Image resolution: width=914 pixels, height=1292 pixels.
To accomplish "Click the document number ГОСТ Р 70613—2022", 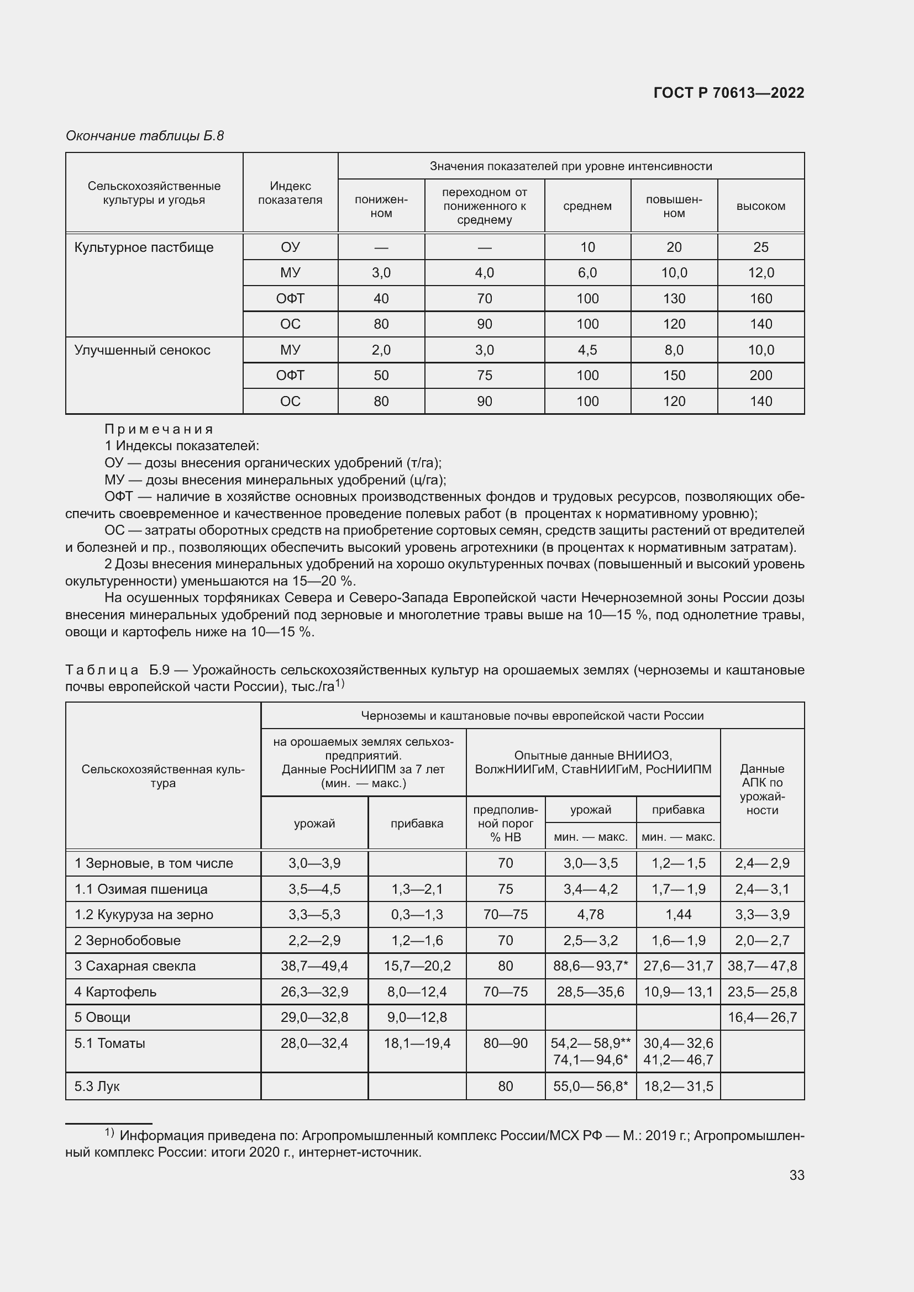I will point(729,93).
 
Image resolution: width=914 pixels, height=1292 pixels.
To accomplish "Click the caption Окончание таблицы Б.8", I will point(145,136).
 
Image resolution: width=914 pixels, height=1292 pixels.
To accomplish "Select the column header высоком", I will point(760,206).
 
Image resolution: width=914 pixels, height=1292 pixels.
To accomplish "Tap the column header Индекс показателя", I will point(290,193).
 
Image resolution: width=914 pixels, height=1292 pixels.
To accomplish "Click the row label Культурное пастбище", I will point(144,247).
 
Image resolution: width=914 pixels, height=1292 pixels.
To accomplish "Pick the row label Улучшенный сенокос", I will point(143,350).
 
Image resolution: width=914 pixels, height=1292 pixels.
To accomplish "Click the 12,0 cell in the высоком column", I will point(760,273).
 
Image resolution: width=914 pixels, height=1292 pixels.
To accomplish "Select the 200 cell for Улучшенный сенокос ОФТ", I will point(760,375).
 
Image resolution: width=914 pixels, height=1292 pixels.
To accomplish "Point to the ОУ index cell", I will point(290,247).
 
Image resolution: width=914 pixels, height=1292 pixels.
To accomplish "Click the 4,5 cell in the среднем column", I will point(587,350).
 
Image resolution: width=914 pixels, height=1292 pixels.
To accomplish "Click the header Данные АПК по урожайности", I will point(762,789).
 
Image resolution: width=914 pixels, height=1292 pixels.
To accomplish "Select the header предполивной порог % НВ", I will point(506,823).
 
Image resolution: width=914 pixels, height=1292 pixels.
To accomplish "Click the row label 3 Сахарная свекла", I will point(135,966).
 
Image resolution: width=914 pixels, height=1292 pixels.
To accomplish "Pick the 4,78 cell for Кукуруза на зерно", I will point(590,914).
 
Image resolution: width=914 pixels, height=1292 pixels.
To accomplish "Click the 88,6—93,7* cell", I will point(590,966).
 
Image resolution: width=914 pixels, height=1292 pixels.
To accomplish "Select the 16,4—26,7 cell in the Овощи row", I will point(762,1017).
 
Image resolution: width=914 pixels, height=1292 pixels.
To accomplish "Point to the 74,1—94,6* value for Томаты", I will point(590,1060).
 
